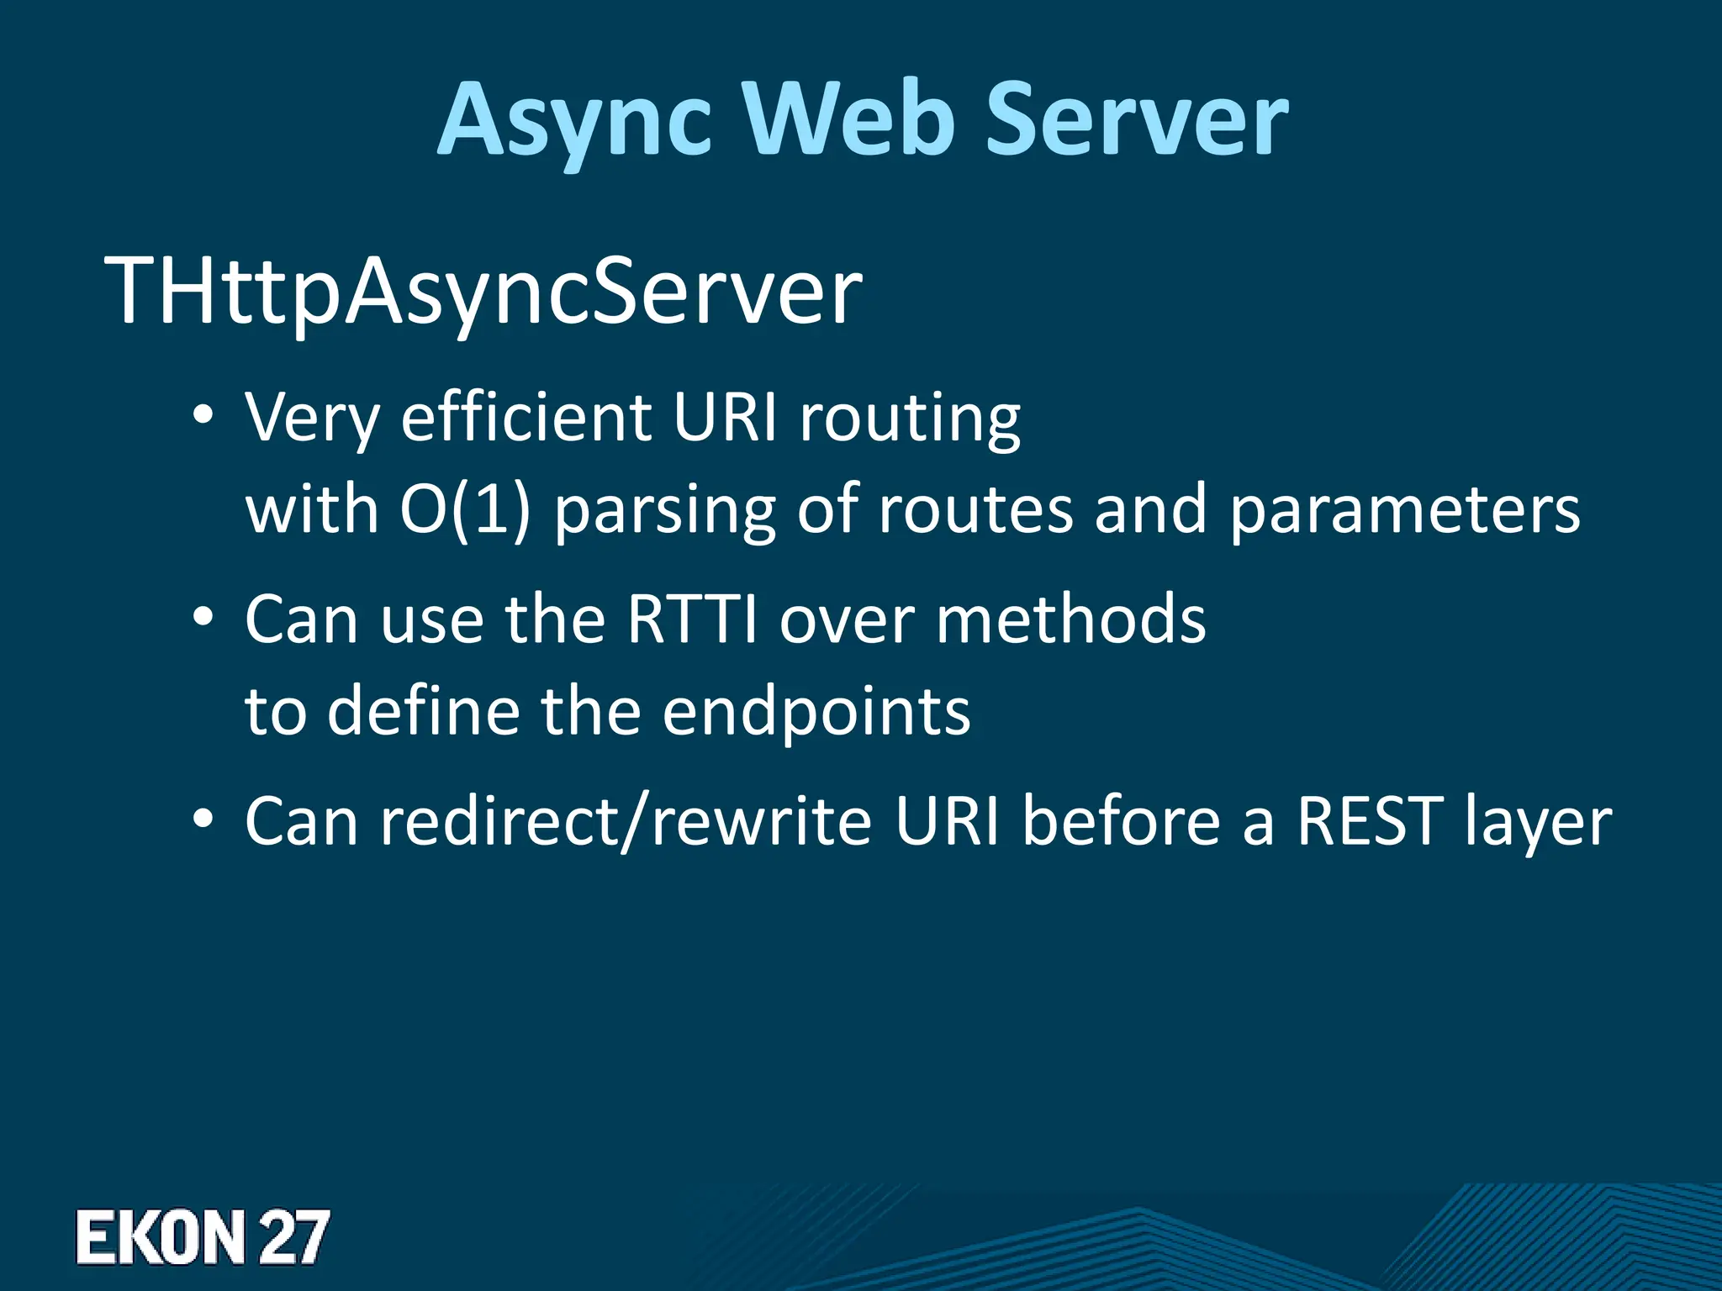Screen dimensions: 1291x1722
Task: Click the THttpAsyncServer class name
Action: pos(483,291)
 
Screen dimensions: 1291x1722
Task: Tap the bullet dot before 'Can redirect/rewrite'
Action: pos(203,819)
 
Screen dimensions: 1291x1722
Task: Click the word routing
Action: pos(910,418)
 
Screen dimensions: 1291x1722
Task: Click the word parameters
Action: pos(1405,511)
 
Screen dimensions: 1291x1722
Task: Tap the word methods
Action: pos(1070,619)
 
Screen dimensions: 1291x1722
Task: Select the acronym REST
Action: pos(1370,821)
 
